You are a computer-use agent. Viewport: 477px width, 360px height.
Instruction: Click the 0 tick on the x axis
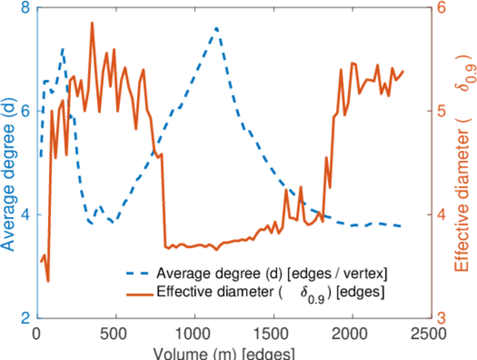37,332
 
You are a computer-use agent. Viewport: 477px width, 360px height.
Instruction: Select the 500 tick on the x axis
116,332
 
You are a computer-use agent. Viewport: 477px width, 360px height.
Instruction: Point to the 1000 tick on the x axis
194,332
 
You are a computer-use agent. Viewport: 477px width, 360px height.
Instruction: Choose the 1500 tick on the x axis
273,332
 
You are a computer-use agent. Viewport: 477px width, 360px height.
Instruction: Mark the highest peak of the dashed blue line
216,28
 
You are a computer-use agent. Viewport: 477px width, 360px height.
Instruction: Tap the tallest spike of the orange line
92,23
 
